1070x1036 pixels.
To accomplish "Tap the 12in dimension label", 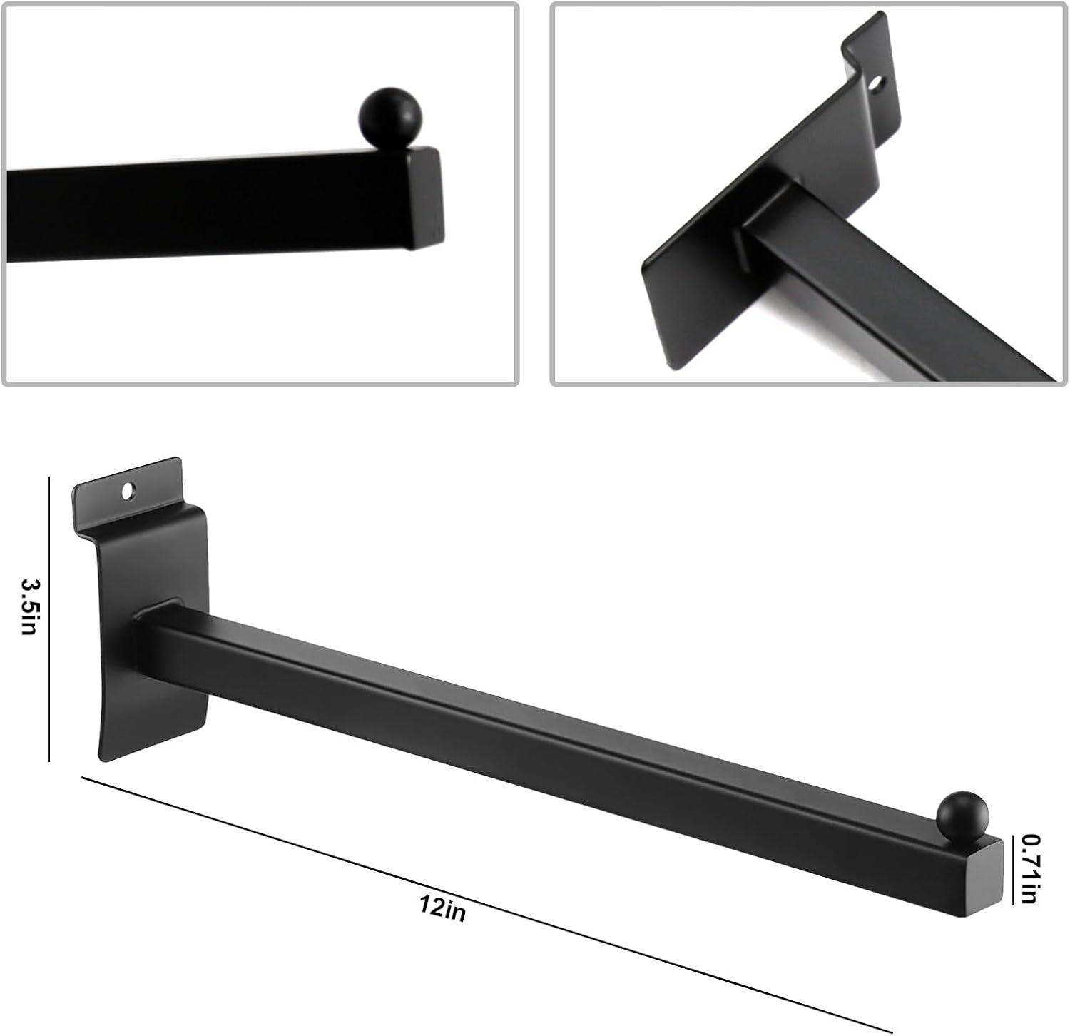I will coord(443,908).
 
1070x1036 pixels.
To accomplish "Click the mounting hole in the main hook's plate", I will coord(129,492).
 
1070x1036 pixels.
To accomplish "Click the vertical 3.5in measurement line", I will coord(49,619).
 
